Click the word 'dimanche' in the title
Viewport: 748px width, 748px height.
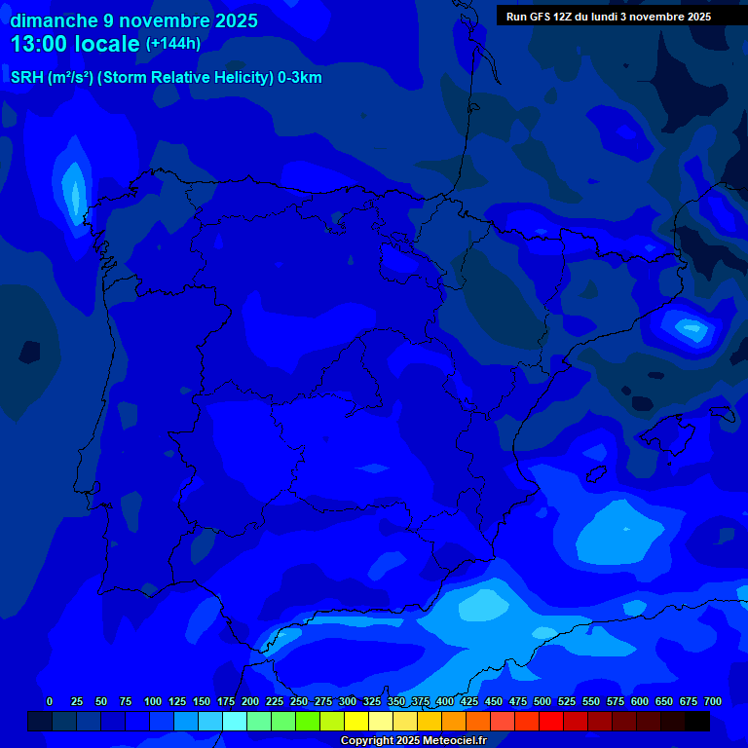point(53,20)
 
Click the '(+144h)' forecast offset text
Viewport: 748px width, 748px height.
point(173,44)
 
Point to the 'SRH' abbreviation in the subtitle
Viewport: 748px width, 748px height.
point(27,78)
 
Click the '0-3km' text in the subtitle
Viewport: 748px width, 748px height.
point(300,78)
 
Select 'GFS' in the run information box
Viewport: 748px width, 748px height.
point(542,17)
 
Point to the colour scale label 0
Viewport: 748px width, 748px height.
point(50,701)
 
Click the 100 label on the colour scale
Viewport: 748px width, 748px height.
point(153,701)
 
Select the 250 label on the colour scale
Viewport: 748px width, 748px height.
point(299,701)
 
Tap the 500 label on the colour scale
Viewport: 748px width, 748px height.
point(542,701)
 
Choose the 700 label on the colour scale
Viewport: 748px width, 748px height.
point(713,701)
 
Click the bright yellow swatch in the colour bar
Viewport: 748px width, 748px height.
point(356,721)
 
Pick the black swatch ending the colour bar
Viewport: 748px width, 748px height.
point(697,721)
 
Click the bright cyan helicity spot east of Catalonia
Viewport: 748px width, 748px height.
point(692,328)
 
